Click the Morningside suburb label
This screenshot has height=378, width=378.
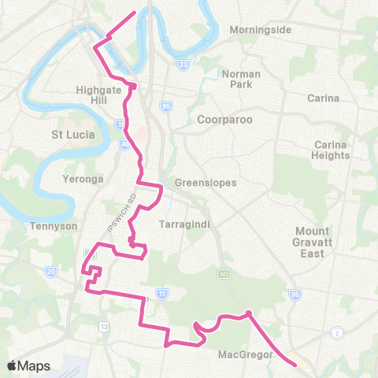pos(261,30)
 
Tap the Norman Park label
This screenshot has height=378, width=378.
pos(241,79)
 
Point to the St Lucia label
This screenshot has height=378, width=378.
pos(73,134)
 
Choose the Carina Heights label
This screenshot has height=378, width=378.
pos(331,150)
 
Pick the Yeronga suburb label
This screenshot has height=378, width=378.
pos(83,179)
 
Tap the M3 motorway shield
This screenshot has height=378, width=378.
pos(223,272)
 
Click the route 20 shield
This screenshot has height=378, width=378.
pos(52,272)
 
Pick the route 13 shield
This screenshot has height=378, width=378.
pos(104,326)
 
